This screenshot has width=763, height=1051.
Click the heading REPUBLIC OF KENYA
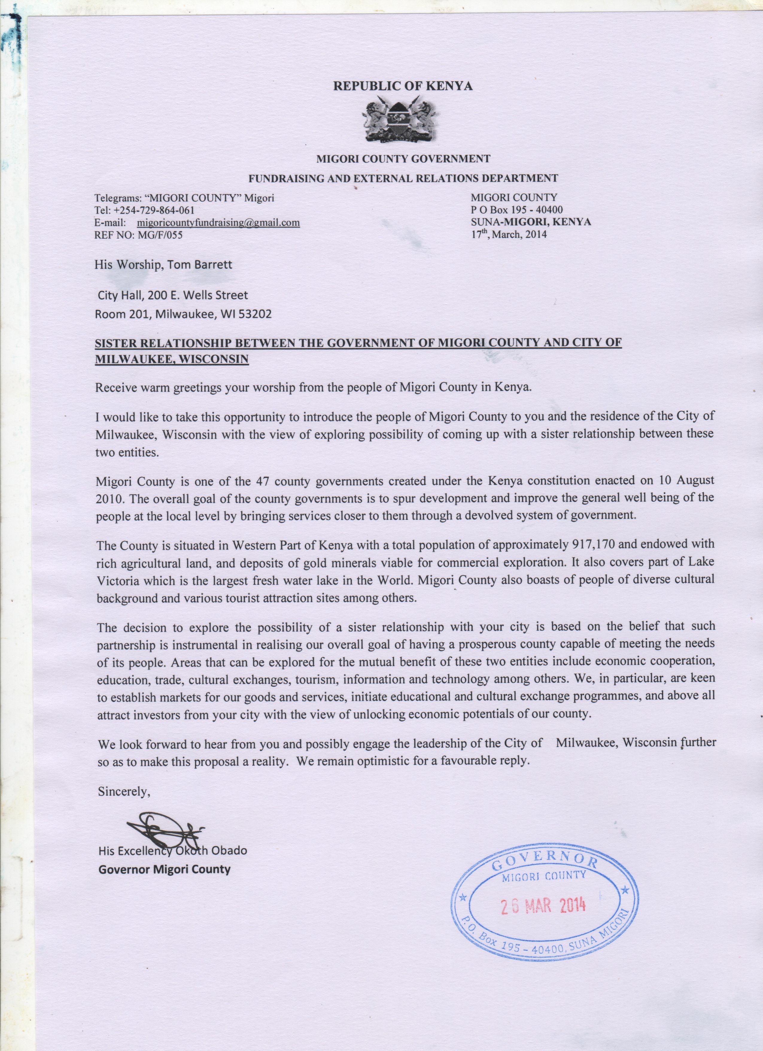tap(403, 86)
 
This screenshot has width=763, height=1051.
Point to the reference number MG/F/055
tap(158, 235)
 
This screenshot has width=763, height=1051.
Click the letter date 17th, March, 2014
tap(508, 234)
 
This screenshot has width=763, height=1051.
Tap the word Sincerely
tap(124, 791)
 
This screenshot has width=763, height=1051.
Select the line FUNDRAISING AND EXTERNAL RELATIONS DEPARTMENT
tap(403, 178)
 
